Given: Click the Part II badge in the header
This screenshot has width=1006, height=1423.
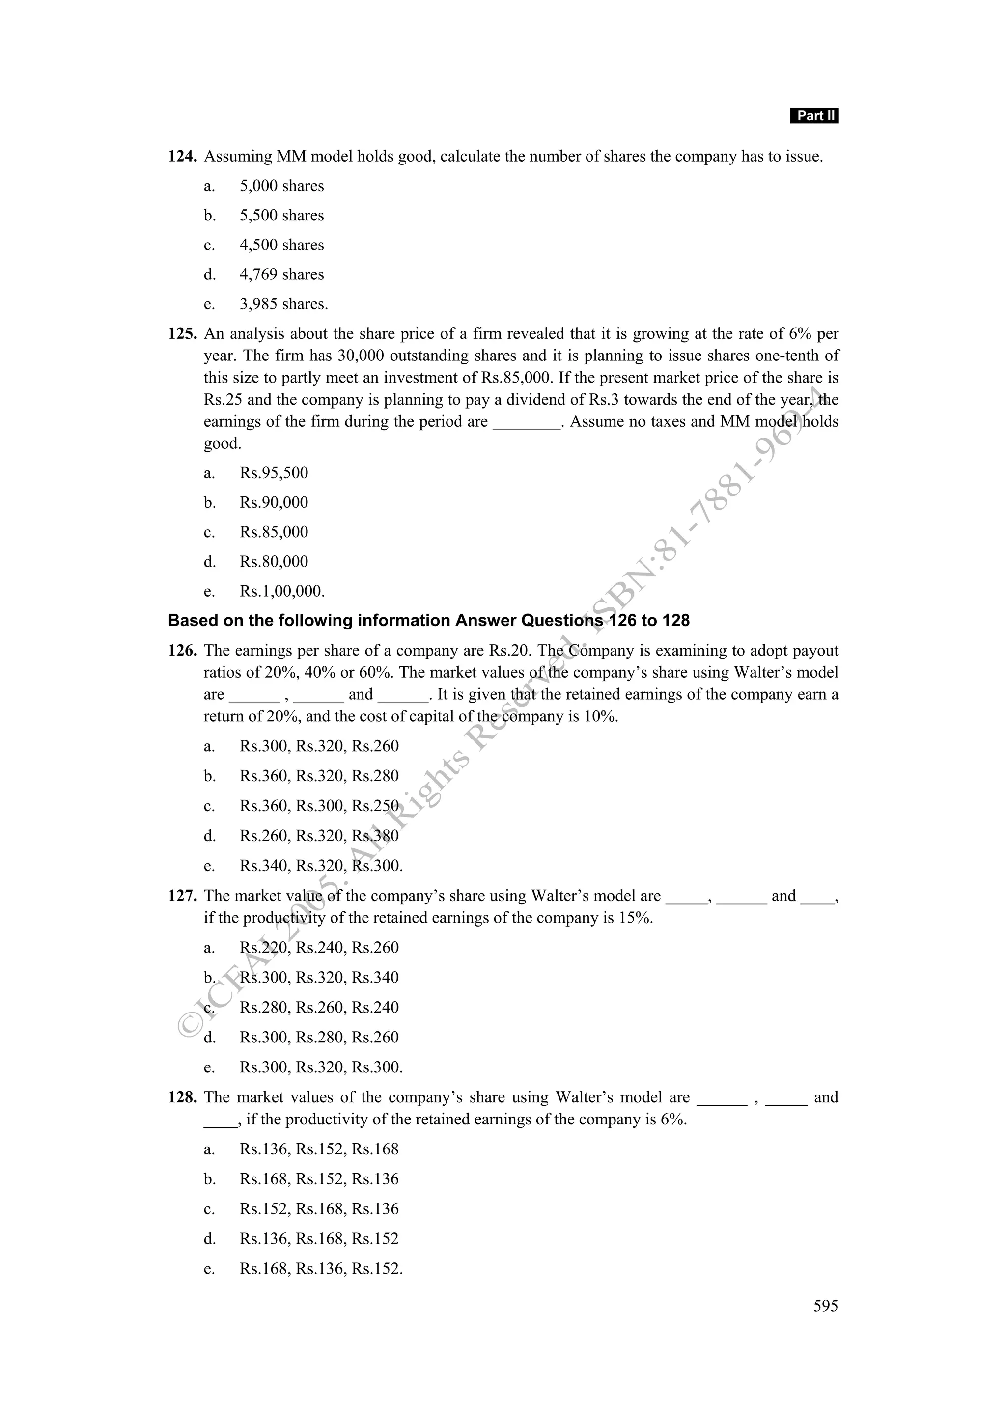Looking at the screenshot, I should pos(814,116).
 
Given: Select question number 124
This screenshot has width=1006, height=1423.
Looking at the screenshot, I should pos(182,157).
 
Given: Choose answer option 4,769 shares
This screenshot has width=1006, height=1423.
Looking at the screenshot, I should pos(281,274).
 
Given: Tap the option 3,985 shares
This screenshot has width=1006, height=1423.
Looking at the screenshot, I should pos(283,304).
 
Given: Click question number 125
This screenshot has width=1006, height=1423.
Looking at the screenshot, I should pos(182,334).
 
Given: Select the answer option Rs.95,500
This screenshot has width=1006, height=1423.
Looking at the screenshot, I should pos(273,473).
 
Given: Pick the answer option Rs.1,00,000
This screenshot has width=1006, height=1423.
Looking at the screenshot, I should pos(281,591).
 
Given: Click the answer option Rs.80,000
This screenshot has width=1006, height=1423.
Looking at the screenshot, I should pos(273,562).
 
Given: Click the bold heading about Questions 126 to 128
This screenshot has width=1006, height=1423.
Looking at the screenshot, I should pos(428,620).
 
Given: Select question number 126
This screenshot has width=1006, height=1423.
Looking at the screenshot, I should pos(182,651).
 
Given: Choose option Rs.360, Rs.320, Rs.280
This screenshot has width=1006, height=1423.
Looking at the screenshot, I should pos(319,776).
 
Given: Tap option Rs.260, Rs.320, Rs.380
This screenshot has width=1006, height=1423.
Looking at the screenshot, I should pos(319,836).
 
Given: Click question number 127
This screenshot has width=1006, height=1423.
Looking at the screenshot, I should pos(182,896).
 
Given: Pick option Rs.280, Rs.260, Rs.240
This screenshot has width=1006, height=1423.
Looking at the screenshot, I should pos(319,1008).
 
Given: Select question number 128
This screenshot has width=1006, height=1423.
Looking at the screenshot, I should pos(182,1097).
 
